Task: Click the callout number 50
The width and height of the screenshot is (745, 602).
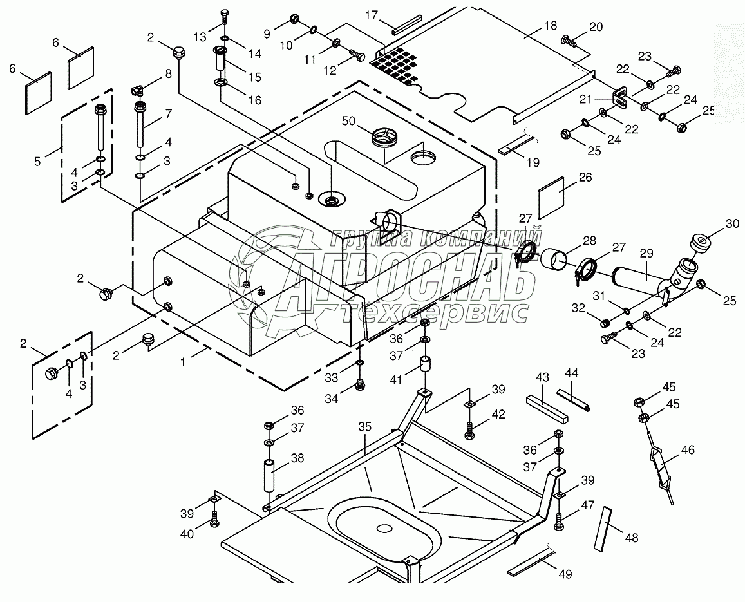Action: pyautogui.click(x=349, y=121)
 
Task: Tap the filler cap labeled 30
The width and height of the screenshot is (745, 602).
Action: pyautogui.click(x=701, y=244)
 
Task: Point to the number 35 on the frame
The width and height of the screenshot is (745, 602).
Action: pyautogui.click(x=365, y=426)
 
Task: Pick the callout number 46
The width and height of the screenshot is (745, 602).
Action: pyautogui.click(x=688, y=450)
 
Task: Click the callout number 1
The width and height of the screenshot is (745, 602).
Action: pyautogui.click(x=183, y=362)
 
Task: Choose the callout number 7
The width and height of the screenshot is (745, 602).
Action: pyautogui.click(x=168, y=114)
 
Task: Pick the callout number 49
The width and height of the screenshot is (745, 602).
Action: pyautogui.click(x=565, y=574)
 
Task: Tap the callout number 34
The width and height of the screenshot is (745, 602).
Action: pyautogui.click(x=331, y=399)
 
